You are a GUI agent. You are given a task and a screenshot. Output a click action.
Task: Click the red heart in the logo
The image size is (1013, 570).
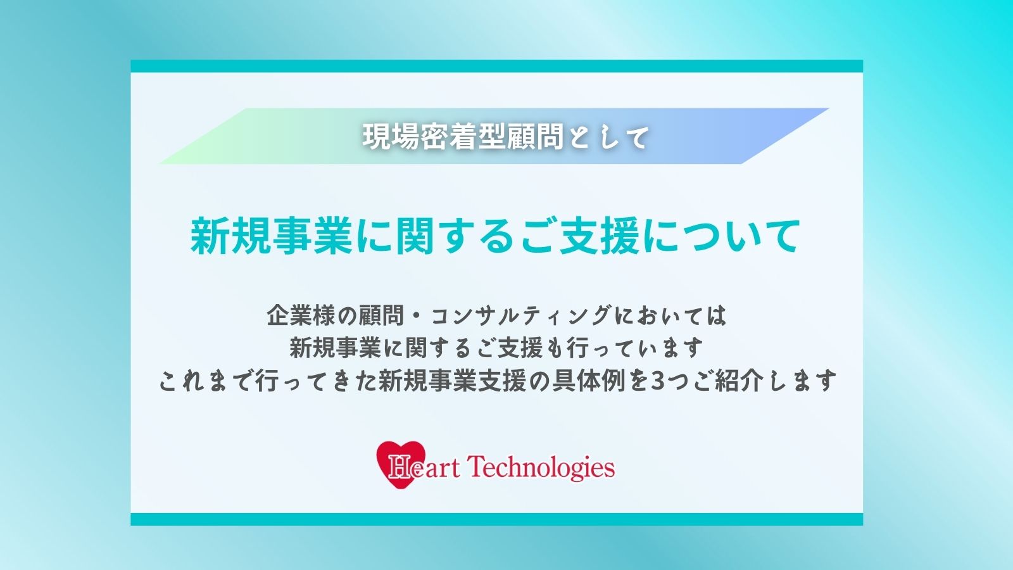(401, 464)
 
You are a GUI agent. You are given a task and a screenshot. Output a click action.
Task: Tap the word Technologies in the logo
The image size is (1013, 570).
(541, 468)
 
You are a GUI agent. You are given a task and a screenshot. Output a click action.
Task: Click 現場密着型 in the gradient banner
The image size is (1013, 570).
(434, 137)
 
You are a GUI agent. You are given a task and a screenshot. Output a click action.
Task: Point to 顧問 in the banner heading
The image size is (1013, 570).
(535, 137)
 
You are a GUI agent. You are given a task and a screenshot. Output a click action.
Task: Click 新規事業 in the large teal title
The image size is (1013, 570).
(272, 236)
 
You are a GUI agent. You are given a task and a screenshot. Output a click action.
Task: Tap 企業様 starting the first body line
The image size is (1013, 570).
(300, 315)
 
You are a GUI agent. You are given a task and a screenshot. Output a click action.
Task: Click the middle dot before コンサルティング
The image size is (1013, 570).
(417, 315)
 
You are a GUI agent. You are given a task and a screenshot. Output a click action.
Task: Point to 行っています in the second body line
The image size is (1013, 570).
(634, 348)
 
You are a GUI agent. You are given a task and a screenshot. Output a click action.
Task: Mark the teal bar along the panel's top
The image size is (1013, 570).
(496, 66)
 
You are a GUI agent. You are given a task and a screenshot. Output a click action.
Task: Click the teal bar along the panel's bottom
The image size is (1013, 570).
(496, 519)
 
